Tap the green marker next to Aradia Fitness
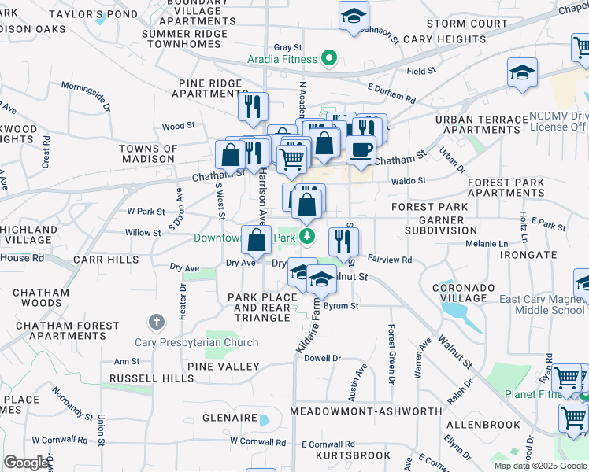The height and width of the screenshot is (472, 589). pyautogui.click(x=332, y=58)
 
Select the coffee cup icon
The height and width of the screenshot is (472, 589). pyautogui.click(x=361, y=149)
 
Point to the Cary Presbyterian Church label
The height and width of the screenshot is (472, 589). pyautogui.click(x=208, y=342)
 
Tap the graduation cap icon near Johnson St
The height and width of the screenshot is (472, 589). pyautogui.click(x=354, y=16)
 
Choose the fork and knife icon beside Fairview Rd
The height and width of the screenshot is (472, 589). pyautogui.click(x=343, y=241)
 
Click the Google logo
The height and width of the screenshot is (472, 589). pyautogui.click(x=26, y=463)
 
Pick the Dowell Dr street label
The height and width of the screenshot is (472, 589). pyautogui.click(x=322, y=358)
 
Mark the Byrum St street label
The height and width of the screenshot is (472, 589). pyautogui.click(x=341, y=305)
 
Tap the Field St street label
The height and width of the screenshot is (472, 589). pyautogui.click(x=421, y=71)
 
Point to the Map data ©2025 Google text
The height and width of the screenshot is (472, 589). pyautogui.click(x=541, y=466)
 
